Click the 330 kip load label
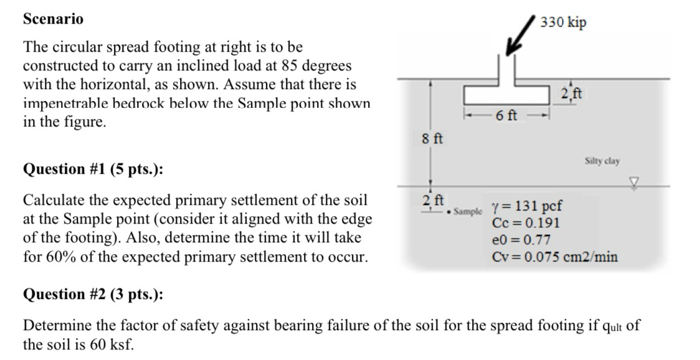(563, 22)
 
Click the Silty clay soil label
(602, 161)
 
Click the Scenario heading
(53, 19)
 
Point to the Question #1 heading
(93, 169)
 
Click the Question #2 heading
(93, 294)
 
